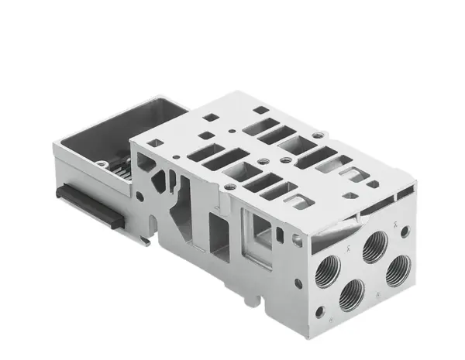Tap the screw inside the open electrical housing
(102, 163)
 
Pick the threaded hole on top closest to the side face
(229, 187)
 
